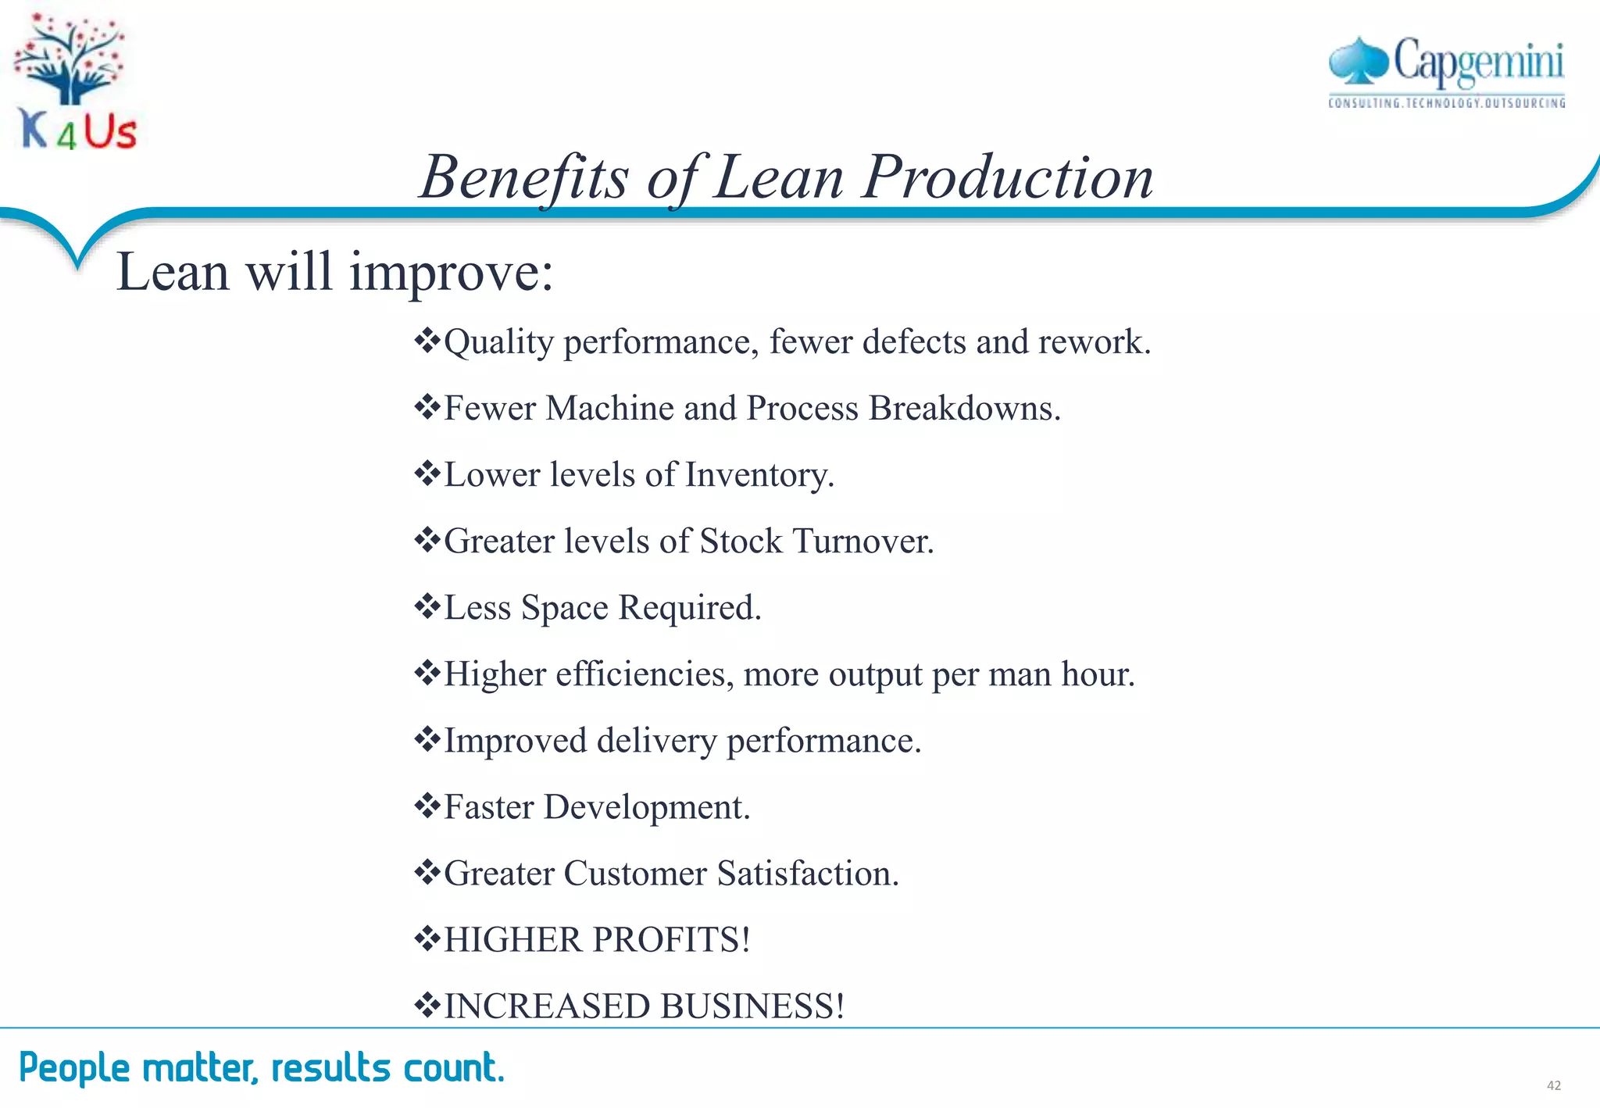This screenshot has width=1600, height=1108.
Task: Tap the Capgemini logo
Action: coord(1446,72)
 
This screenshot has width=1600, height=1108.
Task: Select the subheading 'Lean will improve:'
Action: coord(334,272)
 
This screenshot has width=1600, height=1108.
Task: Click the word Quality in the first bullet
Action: coord(498,342)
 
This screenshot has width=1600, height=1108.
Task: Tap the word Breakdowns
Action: coord(964,408)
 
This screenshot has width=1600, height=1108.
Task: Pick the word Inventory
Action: coord(759,474)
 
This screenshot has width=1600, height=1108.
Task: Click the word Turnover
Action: coord(862,541)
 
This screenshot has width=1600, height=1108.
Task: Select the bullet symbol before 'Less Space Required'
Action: coord(427,606)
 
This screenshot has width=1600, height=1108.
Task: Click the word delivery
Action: coord(656,741)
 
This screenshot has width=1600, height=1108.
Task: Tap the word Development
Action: coord(647,807)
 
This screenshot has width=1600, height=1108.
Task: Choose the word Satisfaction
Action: coord(808,874)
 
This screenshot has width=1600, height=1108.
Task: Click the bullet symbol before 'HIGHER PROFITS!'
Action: coord(427,938)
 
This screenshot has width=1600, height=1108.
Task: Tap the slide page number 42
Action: coord(1553,1085)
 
